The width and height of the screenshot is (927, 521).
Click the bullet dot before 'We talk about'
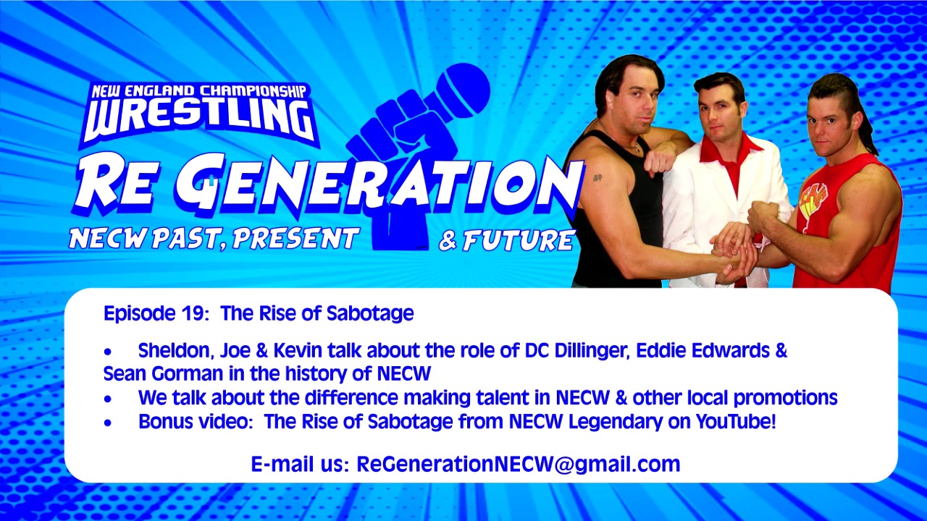click(109, 399)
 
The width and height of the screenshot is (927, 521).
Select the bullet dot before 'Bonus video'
click(109, 423)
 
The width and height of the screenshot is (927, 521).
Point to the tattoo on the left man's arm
click(597, 177)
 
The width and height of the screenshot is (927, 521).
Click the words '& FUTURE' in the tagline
click(506, 240)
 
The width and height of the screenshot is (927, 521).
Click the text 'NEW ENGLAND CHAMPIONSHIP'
click(198, 92)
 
